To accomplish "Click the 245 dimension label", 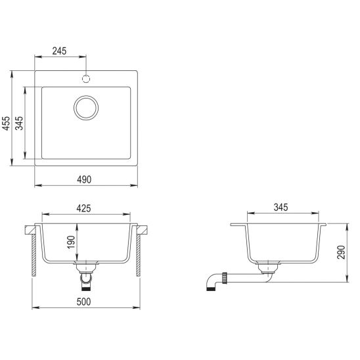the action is pyautogui.click(x=59, y=51).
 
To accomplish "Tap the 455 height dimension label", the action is pyautogui.click(x=7, y=124).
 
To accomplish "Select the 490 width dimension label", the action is pyautogui.click(x=84, y=179).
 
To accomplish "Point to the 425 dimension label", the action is pyautogui.click(x=83, y=208).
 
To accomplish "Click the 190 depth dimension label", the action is pyautogui.click(x=72, y=242).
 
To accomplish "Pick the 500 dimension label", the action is pyautogui.click(x=83, y=302).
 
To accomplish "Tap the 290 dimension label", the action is pyautogui.click(x=341, y=252).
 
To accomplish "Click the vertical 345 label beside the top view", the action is pyautogui.click(x=19, y=124).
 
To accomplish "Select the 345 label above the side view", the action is pyautogui.click(x=281, y=208).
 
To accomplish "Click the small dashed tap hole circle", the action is pyautogui.click(x=86, y=79).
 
